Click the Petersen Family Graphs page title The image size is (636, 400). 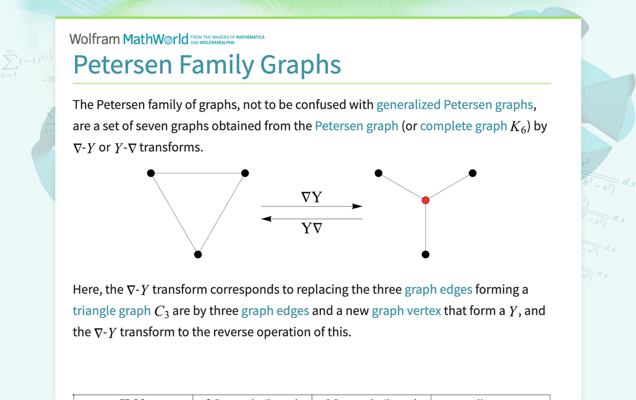207,65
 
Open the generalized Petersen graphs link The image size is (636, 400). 455,105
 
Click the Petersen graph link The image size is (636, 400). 356,126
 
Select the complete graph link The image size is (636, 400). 463,126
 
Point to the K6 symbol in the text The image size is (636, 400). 518,127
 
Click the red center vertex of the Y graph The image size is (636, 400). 425,200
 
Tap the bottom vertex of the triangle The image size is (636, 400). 198,254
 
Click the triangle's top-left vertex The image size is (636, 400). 151,173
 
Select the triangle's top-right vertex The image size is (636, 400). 245,173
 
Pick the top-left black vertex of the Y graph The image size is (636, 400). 378,173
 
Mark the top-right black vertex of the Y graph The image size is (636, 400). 472,173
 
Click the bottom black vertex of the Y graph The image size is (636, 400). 425,254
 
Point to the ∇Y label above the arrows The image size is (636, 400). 311,197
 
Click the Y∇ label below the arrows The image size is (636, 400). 311,228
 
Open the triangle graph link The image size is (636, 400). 112,311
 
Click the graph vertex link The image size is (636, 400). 406,311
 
